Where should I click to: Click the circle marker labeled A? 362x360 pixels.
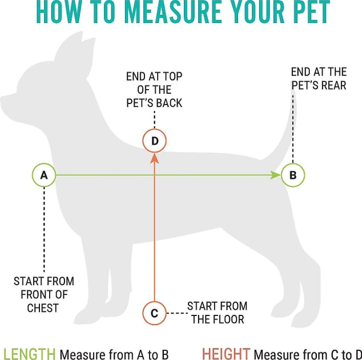pos(44,175)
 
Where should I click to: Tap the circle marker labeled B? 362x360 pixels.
pos(293,175)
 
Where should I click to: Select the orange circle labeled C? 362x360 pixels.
pos(154,313)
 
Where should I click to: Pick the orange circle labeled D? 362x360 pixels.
pos(154,141)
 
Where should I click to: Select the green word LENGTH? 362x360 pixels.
pos(29,354)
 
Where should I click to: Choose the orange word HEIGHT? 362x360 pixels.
pos(226,354)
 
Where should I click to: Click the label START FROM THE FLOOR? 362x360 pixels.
pos(217,313)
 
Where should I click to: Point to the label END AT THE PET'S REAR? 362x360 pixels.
pos(319,79)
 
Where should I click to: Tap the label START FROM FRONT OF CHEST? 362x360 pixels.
pos(43,294)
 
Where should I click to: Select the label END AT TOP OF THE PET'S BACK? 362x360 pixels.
pos(154,90)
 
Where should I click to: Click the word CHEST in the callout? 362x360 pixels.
pos(43,308)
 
